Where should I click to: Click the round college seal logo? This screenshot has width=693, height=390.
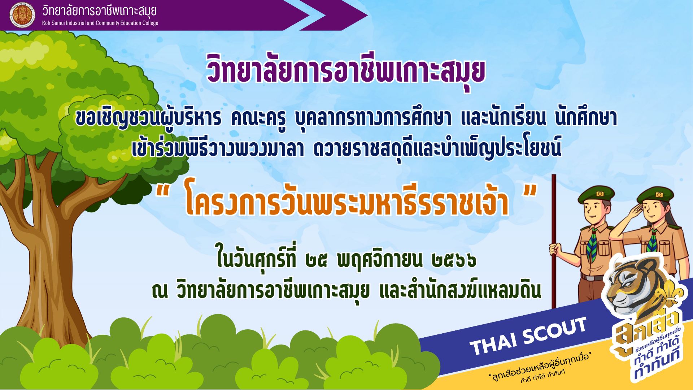(22, 15)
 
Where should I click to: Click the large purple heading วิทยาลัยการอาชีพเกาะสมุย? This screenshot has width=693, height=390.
(346, 71)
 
